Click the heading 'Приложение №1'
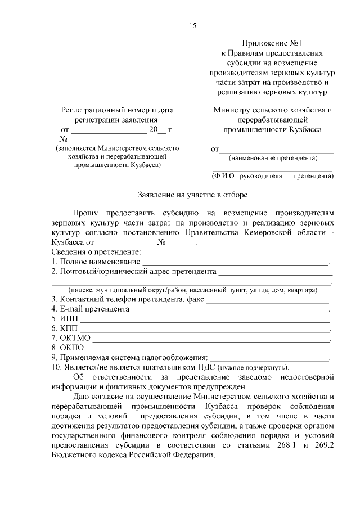271,42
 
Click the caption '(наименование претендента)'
273,159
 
